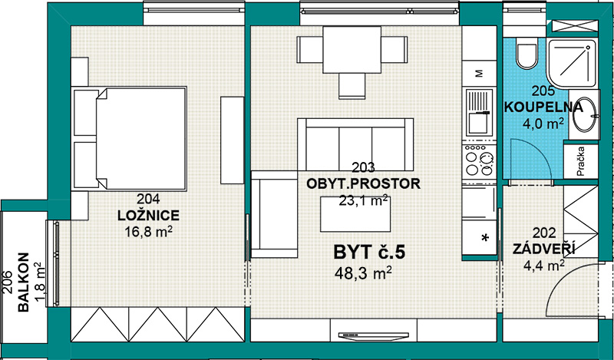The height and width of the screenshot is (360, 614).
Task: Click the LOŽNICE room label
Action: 148,215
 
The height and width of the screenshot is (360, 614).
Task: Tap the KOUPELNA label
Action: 543,107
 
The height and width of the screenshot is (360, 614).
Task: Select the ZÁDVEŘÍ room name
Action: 544,249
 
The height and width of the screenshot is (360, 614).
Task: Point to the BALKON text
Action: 24,282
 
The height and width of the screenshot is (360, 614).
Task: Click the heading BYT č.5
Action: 369,253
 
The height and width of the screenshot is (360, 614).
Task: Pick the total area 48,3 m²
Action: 363,272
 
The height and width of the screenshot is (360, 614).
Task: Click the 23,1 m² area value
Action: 364,200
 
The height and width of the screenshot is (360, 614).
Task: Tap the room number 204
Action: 148,199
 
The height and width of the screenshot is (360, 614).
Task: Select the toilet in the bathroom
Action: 526,53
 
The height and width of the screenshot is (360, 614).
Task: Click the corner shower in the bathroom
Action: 573,64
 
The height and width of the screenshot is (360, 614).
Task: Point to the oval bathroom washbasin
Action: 585,114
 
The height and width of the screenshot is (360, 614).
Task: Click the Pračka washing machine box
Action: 581,161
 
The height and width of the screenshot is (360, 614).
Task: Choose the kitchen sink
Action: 479,111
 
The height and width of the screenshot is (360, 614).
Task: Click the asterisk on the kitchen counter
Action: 485,237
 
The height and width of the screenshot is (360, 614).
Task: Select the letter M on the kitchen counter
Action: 479,73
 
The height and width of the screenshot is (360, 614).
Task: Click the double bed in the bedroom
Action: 129,139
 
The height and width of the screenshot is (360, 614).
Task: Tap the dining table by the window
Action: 352,49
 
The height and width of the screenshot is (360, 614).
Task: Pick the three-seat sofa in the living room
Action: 355,144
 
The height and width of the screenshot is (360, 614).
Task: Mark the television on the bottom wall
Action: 374,335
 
